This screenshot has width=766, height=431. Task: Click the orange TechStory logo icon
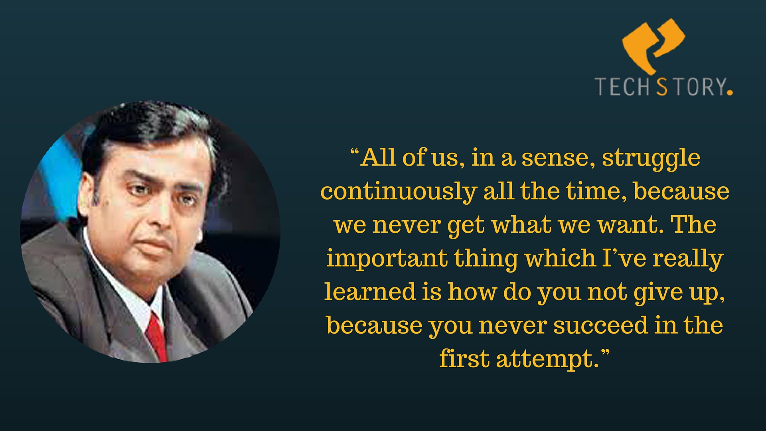point(653,44)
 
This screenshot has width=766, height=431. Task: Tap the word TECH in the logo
point(623,87)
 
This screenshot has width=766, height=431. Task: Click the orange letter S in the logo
point(662,87)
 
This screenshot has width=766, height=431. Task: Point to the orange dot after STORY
point(730,92)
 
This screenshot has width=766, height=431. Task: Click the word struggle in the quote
point(651,159)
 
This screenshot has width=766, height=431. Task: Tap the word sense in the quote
point(555,159)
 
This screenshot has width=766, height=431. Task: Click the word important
point(387,259)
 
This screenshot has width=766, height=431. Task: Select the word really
point(688,259)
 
